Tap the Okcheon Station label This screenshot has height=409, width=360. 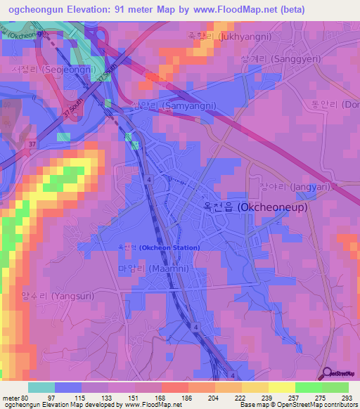[158, 248]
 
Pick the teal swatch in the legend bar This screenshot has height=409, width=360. [41, 387]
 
